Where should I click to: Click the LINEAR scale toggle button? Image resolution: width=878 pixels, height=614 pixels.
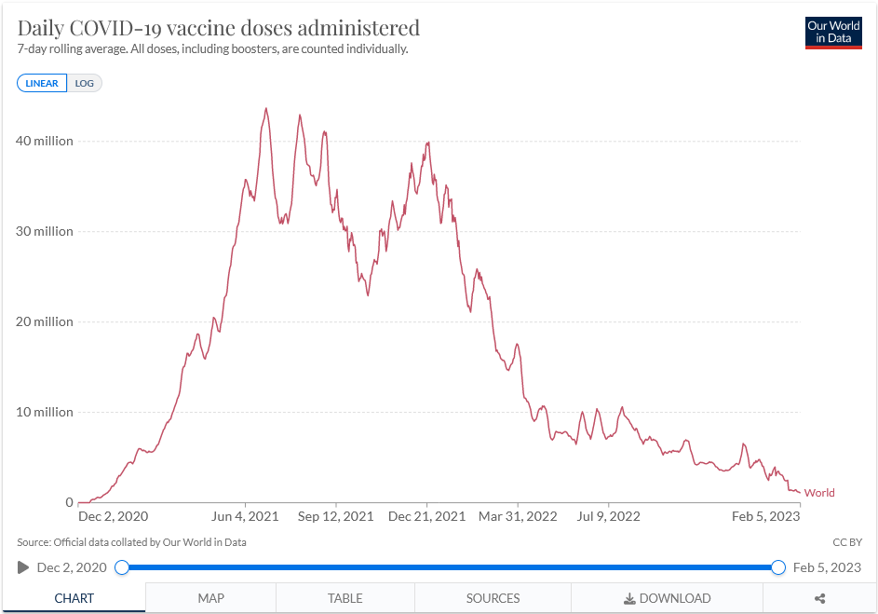[x=42, y=83]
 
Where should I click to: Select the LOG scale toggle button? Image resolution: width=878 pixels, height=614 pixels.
[x=85, y=83]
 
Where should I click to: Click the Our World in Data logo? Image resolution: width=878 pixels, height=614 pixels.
[x=833, y=33]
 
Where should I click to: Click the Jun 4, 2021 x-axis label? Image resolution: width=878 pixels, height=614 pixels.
[x=245, y=516]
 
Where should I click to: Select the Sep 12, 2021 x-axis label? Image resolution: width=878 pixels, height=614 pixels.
[x=335, y=516]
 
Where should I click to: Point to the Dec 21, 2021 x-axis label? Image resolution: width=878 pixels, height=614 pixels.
[x=426, y=516]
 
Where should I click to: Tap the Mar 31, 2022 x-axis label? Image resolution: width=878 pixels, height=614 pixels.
[x=518, y=516]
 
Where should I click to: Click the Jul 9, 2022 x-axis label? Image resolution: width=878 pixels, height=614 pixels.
[x=609, y=516]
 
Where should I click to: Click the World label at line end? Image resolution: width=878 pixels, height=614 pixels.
[x=819, y=493]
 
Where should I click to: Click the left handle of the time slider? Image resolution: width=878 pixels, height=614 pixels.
[x=122, y=567]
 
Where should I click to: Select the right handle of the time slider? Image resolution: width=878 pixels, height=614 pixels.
[x=778, y=567]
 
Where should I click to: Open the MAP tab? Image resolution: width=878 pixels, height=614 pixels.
[x=210, y=598]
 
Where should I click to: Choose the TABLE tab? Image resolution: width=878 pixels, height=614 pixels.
[x=344, y=598]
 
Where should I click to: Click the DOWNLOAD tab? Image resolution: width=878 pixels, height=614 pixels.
[x=667, y=598]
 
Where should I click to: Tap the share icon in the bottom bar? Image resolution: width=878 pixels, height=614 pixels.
[x=820, y=598]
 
